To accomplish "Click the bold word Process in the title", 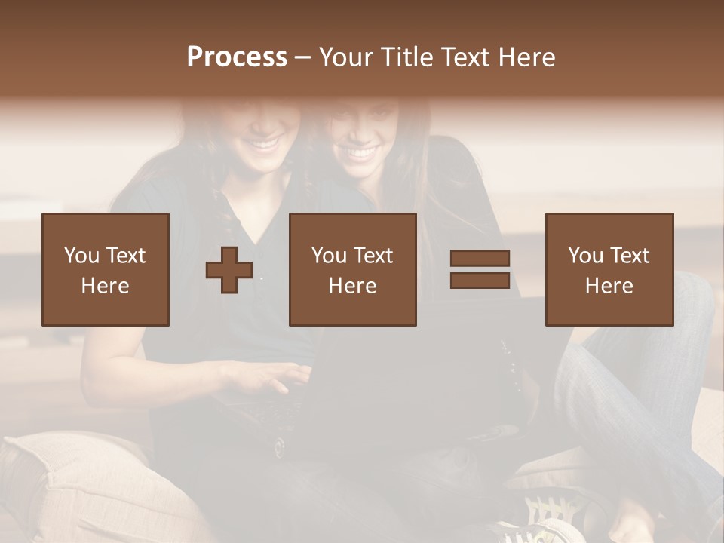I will (x=237, y=57).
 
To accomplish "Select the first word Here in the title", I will (x=527, y=57).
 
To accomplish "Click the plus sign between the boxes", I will (x=229, y=270).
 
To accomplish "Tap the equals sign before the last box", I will (x=480, y=269).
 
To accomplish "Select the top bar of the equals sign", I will (x=480, y=259).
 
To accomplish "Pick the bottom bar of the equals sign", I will (x=480, y=281).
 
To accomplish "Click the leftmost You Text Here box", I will (x=106, y=270).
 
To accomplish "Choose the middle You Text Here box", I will (x=353, y=270).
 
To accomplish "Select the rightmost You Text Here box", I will (x=609, y=270).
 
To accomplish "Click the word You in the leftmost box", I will (x=81, y=256).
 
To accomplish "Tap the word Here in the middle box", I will (x=353, y=286).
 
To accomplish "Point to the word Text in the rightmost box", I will (x=629, y=256).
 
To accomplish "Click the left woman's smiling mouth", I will (x=265, y=142).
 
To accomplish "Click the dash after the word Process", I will (x=302, y=58).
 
